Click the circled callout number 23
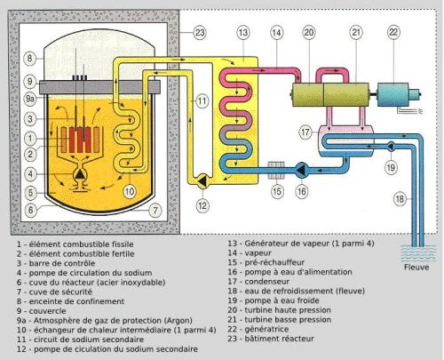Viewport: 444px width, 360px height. [200, 34]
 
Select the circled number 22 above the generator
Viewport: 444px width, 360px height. [394, 34]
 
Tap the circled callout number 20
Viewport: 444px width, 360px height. [308, 34]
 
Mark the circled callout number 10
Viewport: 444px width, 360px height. [129, 189]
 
